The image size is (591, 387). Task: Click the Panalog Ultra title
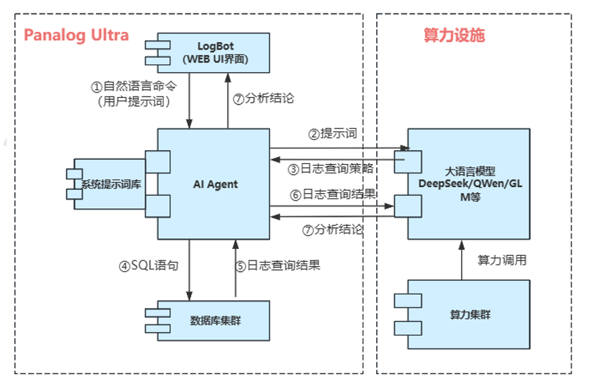[x=76, y=35]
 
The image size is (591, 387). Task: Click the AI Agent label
[x=215, y=184]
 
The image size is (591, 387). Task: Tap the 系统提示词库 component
[x=111, y=184]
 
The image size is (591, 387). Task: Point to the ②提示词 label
[x=333, y=134]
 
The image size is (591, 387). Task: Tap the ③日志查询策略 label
[x=331, y=169]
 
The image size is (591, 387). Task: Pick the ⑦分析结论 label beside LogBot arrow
[x=264, y=98]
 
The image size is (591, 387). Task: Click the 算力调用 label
[x=502, y=260]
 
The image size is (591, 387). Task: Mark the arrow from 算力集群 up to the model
[x=461, y=260]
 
